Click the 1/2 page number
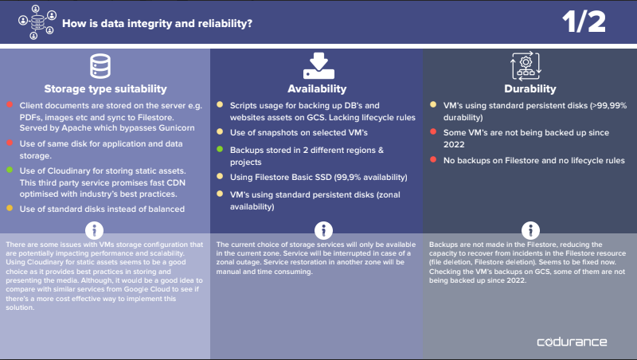coord(584,22)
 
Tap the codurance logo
coord(572,342)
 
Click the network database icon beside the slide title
coord(37,22)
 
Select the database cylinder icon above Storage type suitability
coord(100,66)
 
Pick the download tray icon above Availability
coord(318,66)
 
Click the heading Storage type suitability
coord(106,88)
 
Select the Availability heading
coord(317,88)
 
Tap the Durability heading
coord(530,88)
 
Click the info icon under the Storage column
coord(94,230)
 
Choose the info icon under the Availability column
coord(323,230)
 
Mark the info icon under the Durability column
coord(530,230)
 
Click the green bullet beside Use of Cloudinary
coord(10,170)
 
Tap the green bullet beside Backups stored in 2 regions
coord(220,149)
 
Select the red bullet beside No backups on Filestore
coord(433,159)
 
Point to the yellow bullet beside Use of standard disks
coord(10,208)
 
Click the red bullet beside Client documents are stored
coord(10,104)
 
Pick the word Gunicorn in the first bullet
coord(177,128)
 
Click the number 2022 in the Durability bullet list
coord(454,145)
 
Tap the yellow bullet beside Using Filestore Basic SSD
coord(220,176)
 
